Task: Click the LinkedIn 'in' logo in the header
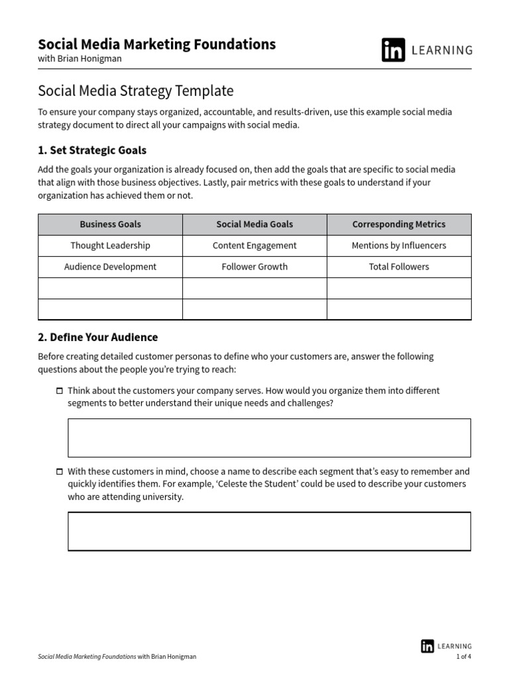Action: click(x=393, y=50)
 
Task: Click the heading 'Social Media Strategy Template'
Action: click(x=136, y=90)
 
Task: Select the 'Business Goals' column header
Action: click(x=110, y=224)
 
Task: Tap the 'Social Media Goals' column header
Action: click(x=254, y=224)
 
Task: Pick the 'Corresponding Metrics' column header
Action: click(x=399, y=224)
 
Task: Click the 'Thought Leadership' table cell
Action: click(x=110, y=246)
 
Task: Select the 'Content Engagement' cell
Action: click(x=254, y=246)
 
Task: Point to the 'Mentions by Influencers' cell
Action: click(x=399, y=246)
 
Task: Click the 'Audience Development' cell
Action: click(x=110, y=267)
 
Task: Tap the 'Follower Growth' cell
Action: click(x=254, y=267)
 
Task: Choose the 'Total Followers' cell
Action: click(x=399, y=267)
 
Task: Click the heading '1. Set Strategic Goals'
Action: click(x=92, y=150)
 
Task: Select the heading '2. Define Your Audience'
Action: click(x=98, y=338)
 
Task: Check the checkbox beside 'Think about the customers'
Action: click(x=60, y=391)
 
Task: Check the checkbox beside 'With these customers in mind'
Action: click(x=60, y=472)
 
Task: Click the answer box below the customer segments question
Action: click(x=269, y=438)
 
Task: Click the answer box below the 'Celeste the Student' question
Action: click(x=269, y=531)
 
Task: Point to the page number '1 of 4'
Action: click(x=463, y=657)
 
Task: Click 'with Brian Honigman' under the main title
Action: click(x=80, y=59)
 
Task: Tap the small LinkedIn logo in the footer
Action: click(x=427, y=646)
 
